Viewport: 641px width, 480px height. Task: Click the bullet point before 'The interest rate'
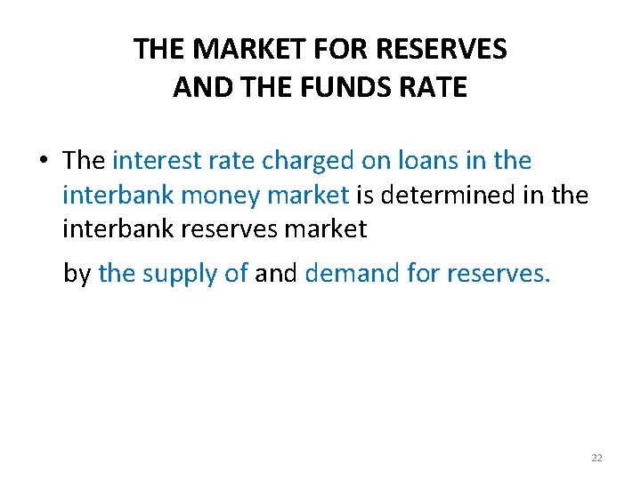coord(43,162)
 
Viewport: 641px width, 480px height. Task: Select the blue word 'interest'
coord(151,161)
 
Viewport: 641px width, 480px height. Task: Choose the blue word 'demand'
coord(341,273)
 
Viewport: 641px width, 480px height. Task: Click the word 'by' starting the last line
coord(77,273)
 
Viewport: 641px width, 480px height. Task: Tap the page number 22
coord(596,458)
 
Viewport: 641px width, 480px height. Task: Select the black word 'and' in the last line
coord(276,273)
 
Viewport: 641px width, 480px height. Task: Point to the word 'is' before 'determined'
coord(366,195)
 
